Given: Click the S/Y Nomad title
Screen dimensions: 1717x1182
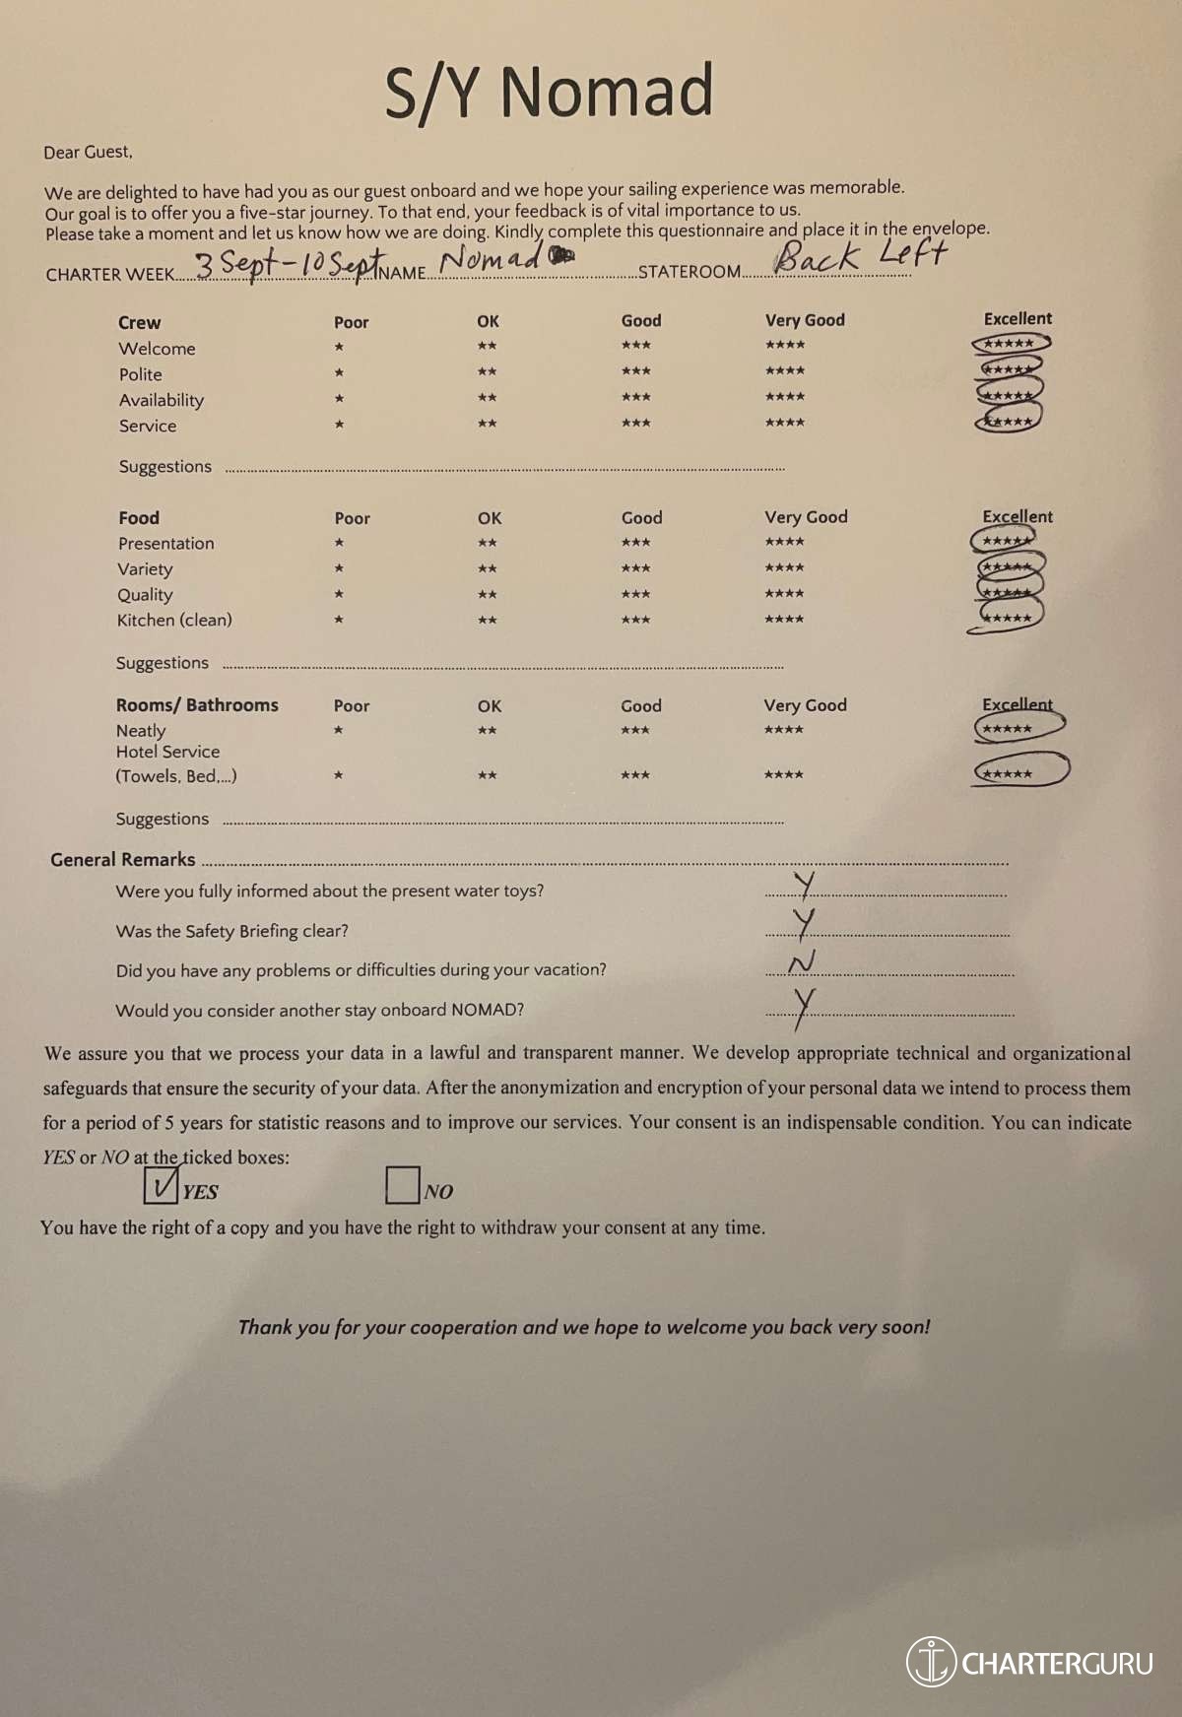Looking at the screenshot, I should [x=549, y=91].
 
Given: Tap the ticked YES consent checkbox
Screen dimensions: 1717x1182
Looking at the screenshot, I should [x=161, y=1184].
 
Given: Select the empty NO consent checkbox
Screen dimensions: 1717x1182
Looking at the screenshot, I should [x=402, y=1184].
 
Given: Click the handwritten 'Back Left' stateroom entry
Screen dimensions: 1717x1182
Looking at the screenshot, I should [x=859, y=256].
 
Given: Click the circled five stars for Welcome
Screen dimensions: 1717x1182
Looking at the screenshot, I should [x=1010, y=344].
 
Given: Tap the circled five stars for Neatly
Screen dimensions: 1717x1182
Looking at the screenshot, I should [x=1018, y=728].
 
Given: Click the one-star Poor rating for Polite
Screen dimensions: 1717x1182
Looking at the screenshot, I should [x=339, y=372].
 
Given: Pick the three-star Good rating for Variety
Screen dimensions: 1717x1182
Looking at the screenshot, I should [x=635, y=568].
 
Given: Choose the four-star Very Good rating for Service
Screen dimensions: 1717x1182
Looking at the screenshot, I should [x=785, y=423].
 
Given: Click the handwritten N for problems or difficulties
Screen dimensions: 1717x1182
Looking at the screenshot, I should [x=802, y=962].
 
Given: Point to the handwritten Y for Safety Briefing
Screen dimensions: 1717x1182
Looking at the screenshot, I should [x=805, y=923].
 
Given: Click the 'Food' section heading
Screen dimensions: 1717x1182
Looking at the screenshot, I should [x=139, y=518].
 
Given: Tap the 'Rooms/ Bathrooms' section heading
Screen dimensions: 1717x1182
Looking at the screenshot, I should [x=197, y=705].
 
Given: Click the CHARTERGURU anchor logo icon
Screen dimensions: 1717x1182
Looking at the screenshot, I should [x=930, y=1662].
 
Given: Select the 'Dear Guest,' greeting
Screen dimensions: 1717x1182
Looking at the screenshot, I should [x=88, y=152].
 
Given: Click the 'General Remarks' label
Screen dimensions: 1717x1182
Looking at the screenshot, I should [x=123, y=859].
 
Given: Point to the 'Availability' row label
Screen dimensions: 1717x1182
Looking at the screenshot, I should [x=162, y=400].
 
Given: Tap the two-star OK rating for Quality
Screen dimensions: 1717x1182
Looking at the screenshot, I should [x=487, y=595].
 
